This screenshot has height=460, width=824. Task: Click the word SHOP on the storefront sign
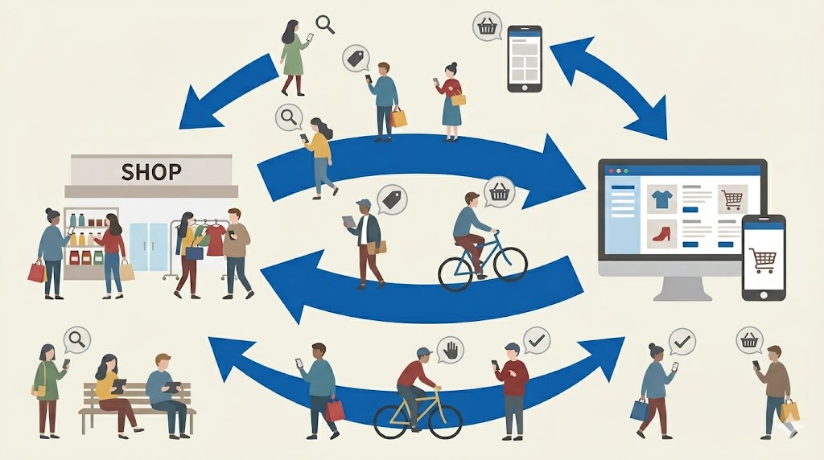[151, 172]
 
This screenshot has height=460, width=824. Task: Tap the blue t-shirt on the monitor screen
[661, 199]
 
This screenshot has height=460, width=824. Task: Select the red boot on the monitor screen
[661, 233]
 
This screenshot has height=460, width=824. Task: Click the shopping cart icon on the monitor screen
[731, 199]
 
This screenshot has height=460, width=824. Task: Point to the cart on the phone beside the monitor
[763, 260]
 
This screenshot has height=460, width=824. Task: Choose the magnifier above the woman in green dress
[325, 24]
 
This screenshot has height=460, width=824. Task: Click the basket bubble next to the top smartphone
[487, 27]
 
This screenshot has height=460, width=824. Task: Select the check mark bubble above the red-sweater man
[536, 341]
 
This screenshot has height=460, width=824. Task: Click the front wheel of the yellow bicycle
[445, 421]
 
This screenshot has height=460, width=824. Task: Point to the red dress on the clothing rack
[216, 240]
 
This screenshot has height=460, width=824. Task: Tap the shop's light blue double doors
[149, 246]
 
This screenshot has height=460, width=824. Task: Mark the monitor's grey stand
[682, 288]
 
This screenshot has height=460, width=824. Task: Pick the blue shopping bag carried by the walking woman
[640, 409]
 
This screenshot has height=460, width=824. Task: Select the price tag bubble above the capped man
[393, 199]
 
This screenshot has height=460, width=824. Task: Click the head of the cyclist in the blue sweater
[472, 199]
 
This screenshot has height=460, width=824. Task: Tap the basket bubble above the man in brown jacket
[749, 341]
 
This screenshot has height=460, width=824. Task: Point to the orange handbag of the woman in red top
[458, 98]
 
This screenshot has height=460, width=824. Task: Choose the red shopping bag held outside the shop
[37, 272]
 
